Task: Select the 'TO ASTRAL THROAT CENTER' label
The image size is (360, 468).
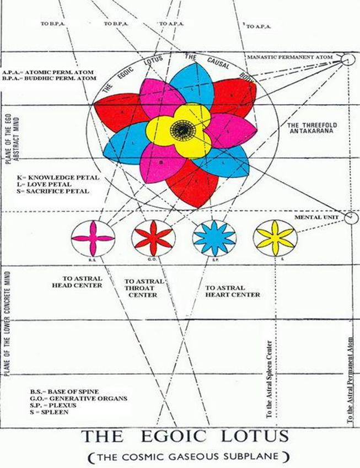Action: coord(145,288)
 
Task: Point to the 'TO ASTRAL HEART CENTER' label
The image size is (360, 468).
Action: coord(232,291)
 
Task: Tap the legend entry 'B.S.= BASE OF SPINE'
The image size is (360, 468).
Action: coord(57,391)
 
